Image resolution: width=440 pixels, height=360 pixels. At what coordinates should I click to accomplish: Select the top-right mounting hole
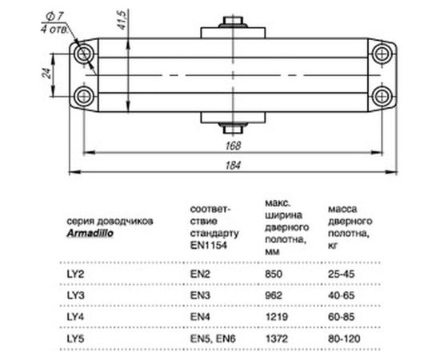381,53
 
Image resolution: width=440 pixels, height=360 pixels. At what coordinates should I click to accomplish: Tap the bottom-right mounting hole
381,96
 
